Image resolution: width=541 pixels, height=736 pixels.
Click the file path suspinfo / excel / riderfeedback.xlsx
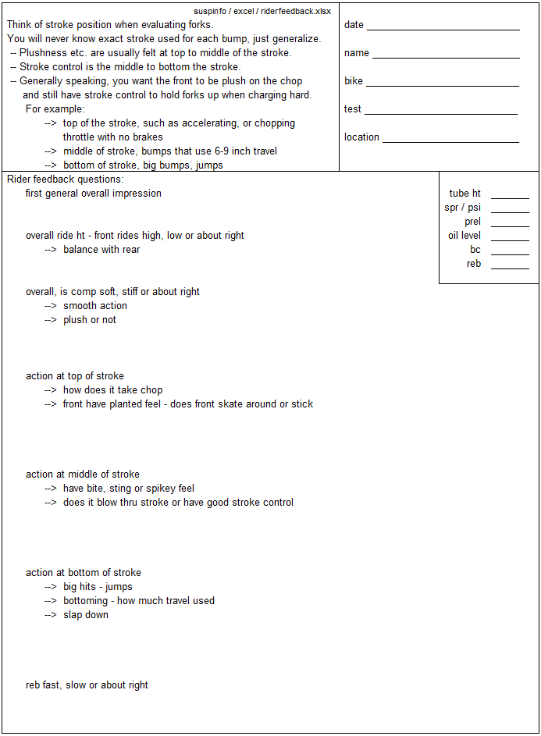262,12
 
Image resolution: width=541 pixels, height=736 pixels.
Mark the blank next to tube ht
510,197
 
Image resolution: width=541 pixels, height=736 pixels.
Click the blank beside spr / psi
510,211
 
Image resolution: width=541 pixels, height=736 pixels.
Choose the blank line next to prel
510,225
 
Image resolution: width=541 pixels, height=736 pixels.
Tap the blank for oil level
510,239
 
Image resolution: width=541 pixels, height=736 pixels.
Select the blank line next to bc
510,253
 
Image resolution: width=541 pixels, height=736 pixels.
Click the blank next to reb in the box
510,267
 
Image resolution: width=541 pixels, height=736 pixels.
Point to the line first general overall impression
94,194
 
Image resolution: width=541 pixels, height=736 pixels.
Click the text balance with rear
101,250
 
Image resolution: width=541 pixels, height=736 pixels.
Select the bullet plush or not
90,320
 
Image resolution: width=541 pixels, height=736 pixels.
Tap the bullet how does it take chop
113,390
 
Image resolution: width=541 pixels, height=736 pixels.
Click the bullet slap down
86,615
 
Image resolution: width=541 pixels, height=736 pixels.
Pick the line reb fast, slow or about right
87,685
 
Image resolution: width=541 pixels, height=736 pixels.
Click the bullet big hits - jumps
98,587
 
